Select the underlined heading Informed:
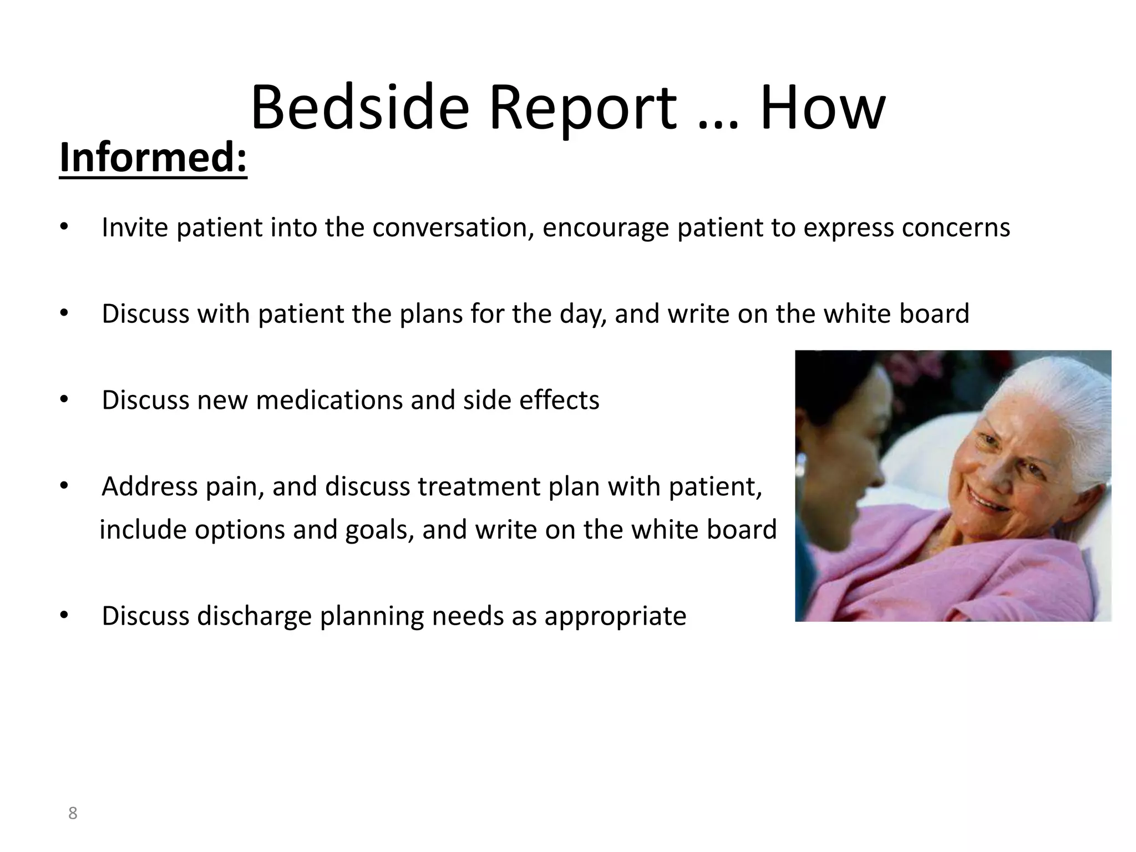(153, 158)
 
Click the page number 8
(72, 814)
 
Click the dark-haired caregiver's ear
(802, 463)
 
